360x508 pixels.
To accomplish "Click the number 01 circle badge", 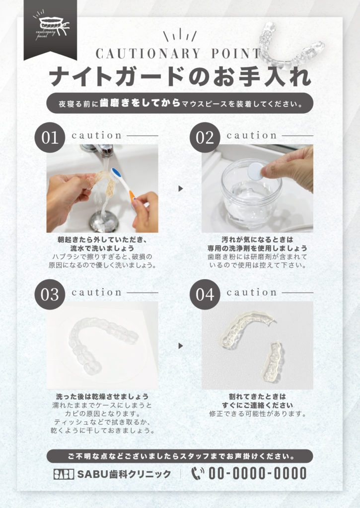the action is [50, 137].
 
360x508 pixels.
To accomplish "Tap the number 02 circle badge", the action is [205, 137].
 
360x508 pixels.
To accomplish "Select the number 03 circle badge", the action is [50, 295].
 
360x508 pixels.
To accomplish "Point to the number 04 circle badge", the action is [205, 295].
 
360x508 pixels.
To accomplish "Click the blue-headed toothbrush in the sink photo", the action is [124, 186].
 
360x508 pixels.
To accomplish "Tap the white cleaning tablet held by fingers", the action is [255, 171].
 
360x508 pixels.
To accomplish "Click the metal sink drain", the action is [104, 221].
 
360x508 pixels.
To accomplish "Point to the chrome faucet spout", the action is [99, 150].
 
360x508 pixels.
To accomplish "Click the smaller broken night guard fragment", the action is [273, 361].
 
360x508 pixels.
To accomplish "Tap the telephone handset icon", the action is [197, 473].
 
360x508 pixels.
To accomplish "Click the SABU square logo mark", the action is [64, 474].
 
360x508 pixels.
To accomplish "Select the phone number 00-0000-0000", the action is [257, 473].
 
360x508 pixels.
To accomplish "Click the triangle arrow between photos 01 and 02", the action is [181, 189].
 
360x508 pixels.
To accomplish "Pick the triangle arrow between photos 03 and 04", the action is [181, 346].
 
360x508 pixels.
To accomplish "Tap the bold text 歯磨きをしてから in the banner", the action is [140, 103].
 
